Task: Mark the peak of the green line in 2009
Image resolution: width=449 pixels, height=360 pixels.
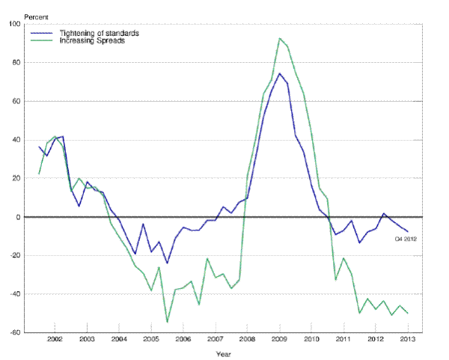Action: [x=279, y=38]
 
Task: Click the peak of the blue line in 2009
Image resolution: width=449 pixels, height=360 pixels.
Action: [x=279, y=73]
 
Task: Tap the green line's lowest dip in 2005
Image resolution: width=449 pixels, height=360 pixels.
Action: [x=167, y=322]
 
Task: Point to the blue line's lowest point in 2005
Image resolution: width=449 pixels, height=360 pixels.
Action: [x=167, y=263]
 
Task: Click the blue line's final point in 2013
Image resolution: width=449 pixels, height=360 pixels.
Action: [x=407, y=231]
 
